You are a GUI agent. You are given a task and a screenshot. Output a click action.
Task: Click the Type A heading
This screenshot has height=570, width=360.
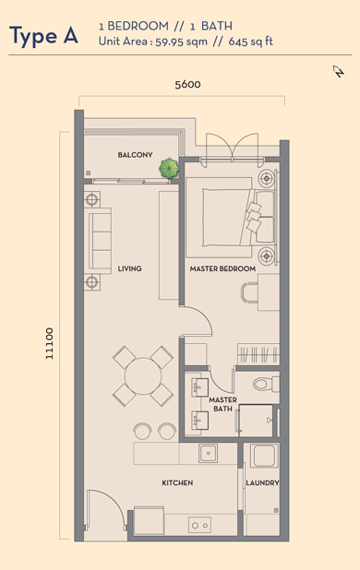(x=43, y=36)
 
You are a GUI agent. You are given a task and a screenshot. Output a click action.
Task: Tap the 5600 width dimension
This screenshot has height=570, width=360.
(x=187, y=84)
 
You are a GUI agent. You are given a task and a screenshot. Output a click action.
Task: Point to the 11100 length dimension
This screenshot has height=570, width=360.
(x=50, y=343)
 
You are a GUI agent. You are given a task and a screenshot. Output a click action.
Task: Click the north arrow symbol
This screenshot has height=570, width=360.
(x=339, y=71)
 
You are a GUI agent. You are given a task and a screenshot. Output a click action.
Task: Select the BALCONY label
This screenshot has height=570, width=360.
(x=135, y=155)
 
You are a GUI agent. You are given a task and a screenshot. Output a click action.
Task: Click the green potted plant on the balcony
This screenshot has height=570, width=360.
(x=169, y=168)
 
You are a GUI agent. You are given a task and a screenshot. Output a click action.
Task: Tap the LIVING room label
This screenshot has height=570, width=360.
(x=129, y=268)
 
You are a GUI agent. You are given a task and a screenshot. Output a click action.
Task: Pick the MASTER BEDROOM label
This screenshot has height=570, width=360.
(x=222, y=268)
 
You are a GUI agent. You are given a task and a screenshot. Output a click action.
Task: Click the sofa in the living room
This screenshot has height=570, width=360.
(x=98, y=241)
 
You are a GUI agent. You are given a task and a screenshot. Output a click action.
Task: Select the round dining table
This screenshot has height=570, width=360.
(x=143, y=376)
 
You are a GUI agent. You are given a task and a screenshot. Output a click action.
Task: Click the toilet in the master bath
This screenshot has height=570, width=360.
(x=266, y=384)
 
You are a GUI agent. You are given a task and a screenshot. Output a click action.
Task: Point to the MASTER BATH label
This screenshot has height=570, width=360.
(x=222, y=404)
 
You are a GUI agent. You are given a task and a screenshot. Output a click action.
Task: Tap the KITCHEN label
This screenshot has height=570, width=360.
(x=177, y=482)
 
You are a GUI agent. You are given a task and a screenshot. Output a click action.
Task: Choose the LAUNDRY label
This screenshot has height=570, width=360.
(x=262, y=482)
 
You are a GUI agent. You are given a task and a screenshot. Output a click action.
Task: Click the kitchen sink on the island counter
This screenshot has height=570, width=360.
(x=208, y=453)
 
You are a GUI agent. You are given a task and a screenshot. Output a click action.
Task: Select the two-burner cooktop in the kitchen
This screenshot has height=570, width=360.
(x=199, y=526)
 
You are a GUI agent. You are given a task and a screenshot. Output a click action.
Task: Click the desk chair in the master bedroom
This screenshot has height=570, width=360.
(x=249, y=291)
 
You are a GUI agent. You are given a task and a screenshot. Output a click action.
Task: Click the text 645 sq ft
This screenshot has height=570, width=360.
(x=250, y=42)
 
